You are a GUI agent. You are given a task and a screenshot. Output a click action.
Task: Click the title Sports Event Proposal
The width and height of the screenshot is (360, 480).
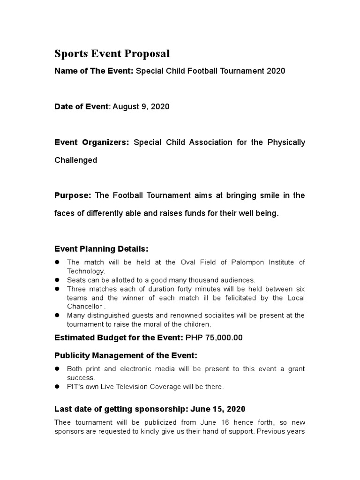[x=112, y=54]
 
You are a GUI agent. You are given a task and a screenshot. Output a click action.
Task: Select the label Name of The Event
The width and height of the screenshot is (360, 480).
[x=94, y=71]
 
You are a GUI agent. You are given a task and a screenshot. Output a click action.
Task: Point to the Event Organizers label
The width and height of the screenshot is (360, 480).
[x=92, y=142]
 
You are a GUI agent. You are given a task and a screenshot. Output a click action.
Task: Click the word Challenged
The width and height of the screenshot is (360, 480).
[x=76, y=160]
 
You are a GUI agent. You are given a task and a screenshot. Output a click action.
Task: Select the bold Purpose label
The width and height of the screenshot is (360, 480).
[x=73, y=195]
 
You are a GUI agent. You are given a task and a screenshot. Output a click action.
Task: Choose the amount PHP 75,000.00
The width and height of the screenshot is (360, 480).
[x=214, y=338]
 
